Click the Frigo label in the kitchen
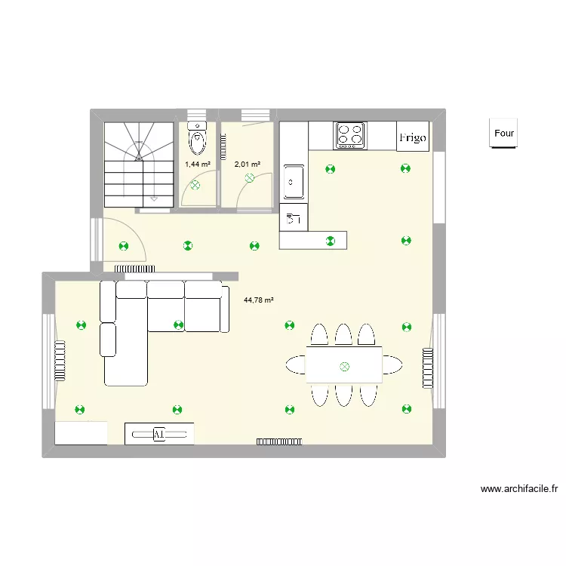413,137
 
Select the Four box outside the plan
503,134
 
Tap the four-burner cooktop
349,135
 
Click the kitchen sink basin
293,181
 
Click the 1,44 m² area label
197,164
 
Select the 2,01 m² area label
247,164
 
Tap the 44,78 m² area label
258,300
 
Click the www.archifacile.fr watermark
518,489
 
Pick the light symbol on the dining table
345,367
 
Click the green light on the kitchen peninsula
330,241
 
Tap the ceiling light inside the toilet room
195,184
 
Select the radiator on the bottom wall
280,441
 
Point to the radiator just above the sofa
135,268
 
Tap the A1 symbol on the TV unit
158,434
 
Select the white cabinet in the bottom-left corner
81,433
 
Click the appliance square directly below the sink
294,220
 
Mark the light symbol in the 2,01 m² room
250,179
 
